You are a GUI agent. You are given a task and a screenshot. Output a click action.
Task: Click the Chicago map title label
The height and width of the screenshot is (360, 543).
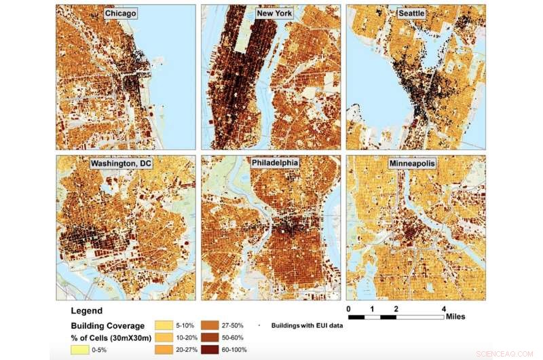point(121,14)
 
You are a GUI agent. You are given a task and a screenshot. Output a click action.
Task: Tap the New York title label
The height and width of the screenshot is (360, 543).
point(269,14)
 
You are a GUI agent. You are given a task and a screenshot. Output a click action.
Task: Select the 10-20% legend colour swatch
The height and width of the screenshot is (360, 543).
point(167,338)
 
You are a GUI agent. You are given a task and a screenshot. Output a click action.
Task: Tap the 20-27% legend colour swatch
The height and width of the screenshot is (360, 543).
point(167,349)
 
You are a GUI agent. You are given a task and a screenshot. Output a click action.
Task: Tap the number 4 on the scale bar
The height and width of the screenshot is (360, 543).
point(444,309)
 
